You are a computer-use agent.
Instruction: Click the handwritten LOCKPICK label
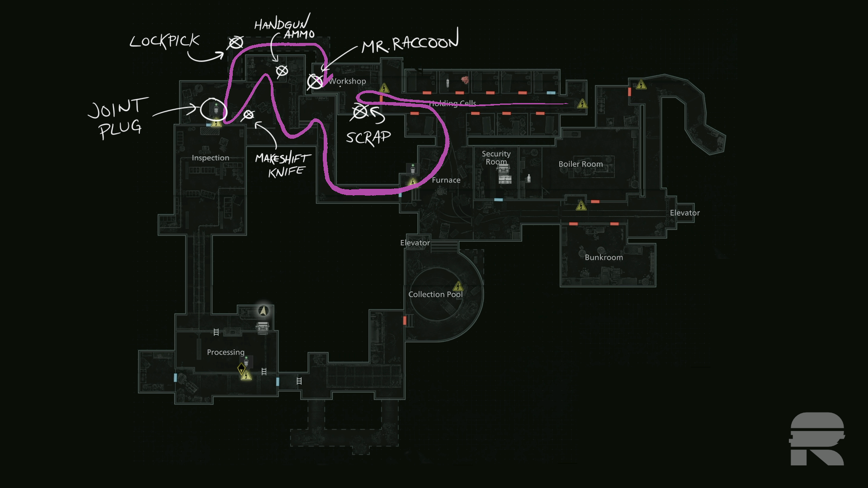coord(165,41)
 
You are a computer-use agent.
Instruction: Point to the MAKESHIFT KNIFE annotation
coord(283,165)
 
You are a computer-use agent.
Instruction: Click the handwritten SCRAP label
coord(368,137)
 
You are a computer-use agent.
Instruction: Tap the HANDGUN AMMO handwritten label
coord(284,28)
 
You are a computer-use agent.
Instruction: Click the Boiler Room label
coord(580,164)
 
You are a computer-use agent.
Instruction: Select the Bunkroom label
coord(604,258)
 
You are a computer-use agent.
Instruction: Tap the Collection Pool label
coord(435,295)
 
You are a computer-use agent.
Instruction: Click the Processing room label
coord(226,352)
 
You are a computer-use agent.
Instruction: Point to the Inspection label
coord(210,158)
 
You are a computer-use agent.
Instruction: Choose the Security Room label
coord(496,158)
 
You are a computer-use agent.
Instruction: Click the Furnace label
coord(446,180)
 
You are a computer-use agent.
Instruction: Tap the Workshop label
coord(347,81)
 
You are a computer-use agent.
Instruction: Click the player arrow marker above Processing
coord(264,311)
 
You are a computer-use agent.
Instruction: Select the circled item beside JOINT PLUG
coord(213,109)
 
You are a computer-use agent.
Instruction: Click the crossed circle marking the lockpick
coord(235,43)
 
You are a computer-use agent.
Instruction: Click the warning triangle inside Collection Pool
coord(458,286)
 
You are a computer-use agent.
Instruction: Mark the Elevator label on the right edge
coord(684,213)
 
